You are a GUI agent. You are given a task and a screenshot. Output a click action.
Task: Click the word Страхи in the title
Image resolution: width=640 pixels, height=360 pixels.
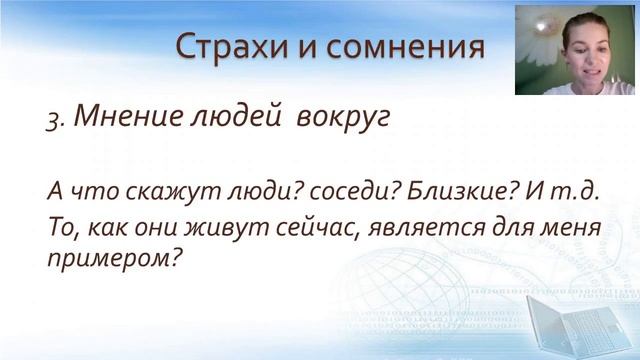coord(225,46)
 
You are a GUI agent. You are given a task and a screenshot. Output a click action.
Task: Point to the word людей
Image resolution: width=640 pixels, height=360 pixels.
coord(239,117)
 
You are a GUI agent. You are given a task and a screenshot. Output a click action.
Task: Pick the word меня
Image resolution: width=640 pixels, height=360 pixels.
coord(571,227)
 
